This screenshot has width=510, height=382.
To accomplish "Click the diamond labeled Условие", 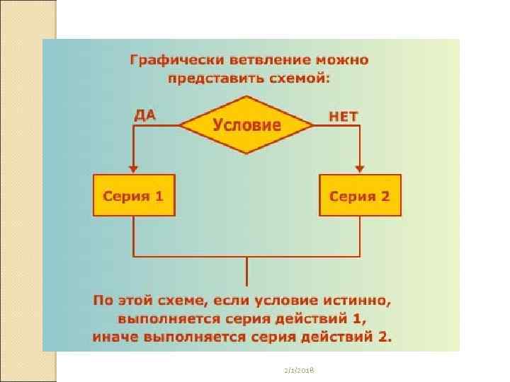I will pos(246,126).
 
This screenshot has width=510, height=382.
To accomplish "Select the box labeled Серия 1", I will pos(134,195).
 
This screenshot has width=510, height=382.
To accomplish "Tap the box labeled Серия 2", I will pos(360,195).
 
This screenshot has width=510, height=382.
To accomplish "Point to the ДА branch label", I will pos(145,113).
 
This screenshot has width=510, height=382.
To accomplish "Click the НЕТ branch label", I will pos(344,115).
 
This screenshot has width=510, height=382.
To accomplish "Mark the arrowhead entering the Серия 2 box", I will pos(360,169).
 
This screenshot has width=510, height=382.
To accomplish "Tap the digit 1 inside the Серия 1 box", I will pos(159,195).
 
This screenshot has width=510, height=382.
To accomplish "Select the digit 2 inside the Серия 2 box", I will pos(385,195).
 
